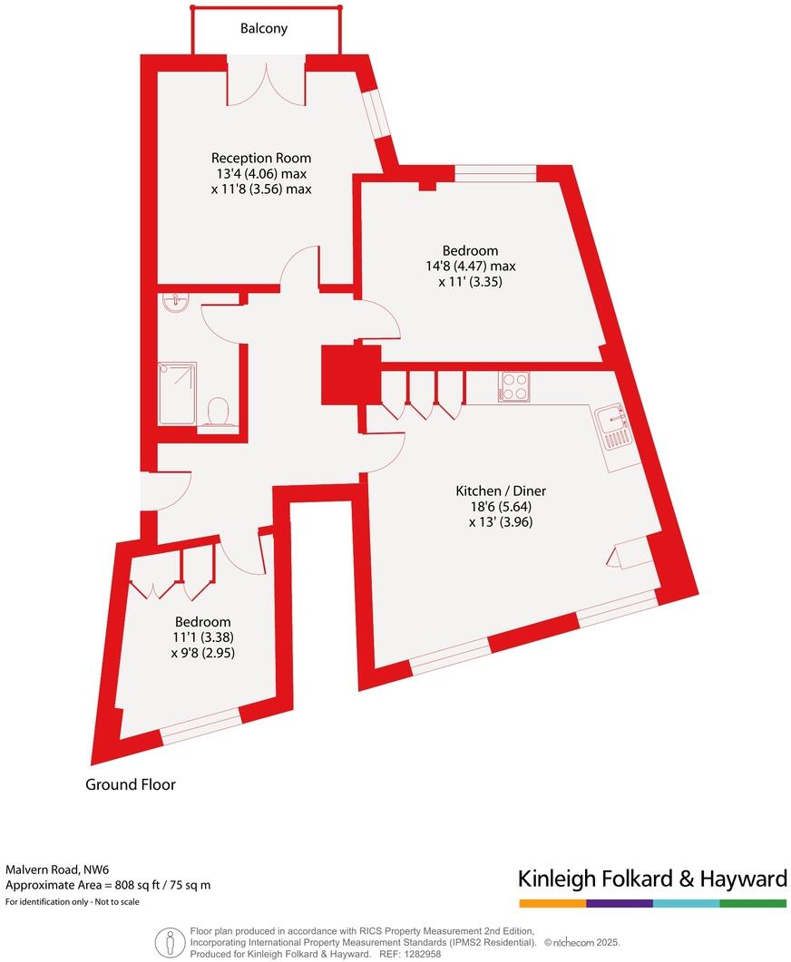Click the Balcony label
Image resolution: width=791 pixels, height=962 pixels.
click(x=264, y=28)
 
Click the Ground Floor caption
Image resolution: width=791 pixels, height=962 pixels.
click(x=131, y=784)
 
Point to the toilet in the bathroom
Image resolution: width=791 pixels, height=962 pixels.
click(x=217, y=413)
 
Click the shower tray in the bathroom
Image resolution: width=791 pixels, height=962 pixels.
click(x=177, y=393)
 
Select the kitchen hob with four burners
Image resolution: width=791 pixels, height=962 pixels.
click(x=513, y=387)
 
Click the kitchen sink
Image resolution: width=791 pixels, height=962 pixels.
click(x=614, y=427)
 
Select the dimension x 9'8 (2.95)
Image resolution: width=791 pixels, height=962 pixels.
click(x=202, y=652)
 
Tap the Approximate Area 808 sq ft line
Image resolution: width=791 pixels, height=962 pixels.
click(x=108, y=885)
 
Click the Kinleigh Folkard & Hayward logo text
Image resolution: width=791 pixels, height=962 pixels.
click(x=651, y=878)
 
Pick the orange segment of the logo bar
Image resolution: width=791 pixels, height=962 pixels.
click(x=552, y=904)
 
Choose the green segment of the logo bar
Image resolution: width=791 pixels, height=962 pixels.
click(x=753, y=904)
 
